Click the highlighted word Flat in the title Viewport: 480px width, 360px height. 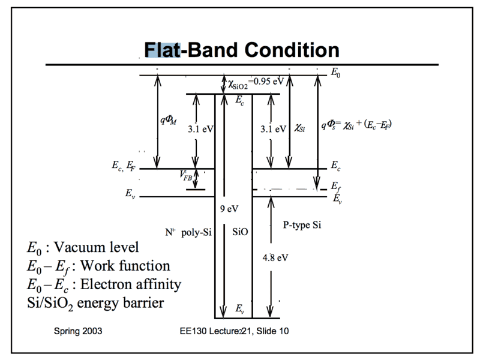pyautogui.click(x=162, y=49)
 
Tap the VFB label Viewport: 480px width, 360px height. pyautogui.click(x=186, y=176)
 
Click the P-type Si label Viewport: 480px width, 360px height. pyautogui.click(x=302, y=224)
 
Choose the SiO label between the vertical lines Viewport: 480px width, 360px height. pyautogui.click(x=240, y=231)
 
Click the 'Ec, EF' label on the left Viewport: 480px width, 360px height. pyautogui.click(x=123, y=169)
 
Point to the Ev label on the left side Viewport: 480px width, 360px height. pyautogui.click(x=130, y=194)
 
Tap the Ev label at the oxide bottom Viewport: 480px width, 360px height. pyautogui.click(x=239, y=309)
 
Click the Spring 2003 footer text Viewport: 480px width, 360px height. pyautogui.click(x=77, y=331)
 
